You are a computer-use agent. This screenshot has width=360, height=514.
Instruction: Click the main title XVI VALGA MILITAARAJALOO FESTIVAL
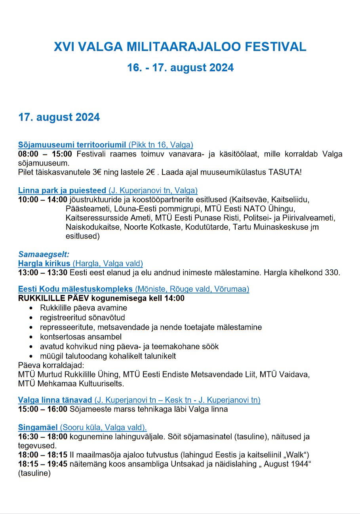(180, 47)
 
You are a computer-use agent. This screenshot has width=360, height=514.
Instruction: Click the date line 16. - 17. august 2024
(180, 68)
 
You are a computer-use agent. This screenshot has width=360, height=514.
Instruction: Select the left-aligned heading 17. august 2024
(59, 118)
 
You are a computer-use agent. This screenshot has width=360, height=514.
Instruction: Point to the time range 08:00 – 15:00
(45, 154)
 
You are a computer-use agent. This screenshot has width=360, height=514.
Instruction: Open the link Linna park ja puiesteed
(62, 190)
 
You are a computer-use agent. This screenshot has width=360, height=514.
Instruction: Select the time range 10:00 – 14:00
(43, 200)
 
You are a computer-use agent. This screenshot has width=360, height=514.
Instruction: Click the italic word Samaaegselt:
(44, 254)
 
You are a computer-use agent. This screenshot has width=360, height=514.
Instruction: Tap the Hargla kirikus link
(44, 263)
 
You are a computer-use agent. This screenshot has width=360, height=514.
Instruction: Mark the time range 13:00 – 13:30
(43, 272)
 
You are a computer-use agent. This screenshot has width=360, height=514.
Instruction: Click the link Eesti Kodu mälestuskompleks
(76, 289)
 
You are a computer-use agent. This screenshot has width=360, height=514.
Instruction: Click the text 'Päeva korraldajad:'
(51, 365)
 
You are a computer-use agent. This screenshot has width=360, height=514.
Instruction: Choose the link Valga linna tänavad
(55, 400)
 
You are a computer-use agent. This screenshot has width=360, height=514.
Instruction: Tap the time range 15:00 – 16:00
(43, 409)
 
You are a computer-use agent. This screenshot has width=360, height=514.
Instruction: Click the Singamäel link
(38, 428)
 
